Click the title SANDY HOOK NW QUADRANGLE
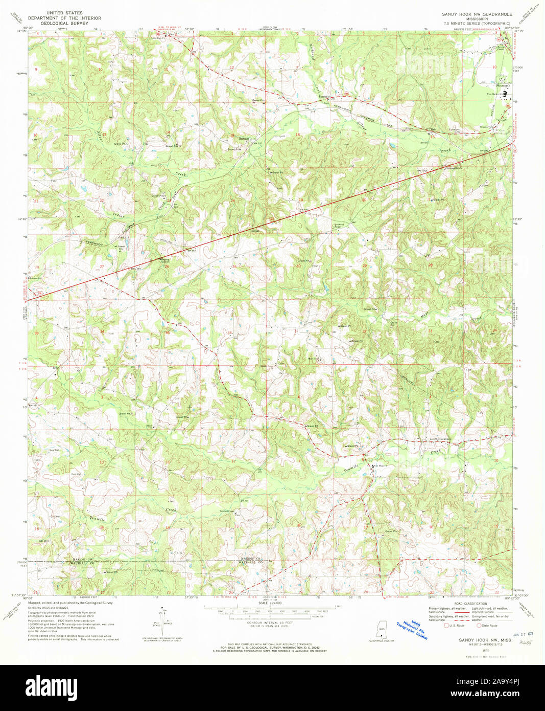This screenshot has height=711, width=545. tap(477, 14)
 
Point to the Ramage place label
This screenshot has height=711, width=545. tap(244, 139)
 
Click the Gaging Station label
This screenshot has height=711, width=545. tap(162, 259)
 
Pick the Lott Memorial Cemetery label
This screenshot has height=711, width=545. tap(441, 438)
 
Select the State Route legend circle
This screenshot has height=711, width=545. tap(479, 626)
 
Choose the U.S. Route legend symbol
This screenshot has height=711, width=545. tap(446, 626)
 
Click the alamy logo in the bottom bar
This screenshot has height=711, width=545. tap(52, 687)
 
